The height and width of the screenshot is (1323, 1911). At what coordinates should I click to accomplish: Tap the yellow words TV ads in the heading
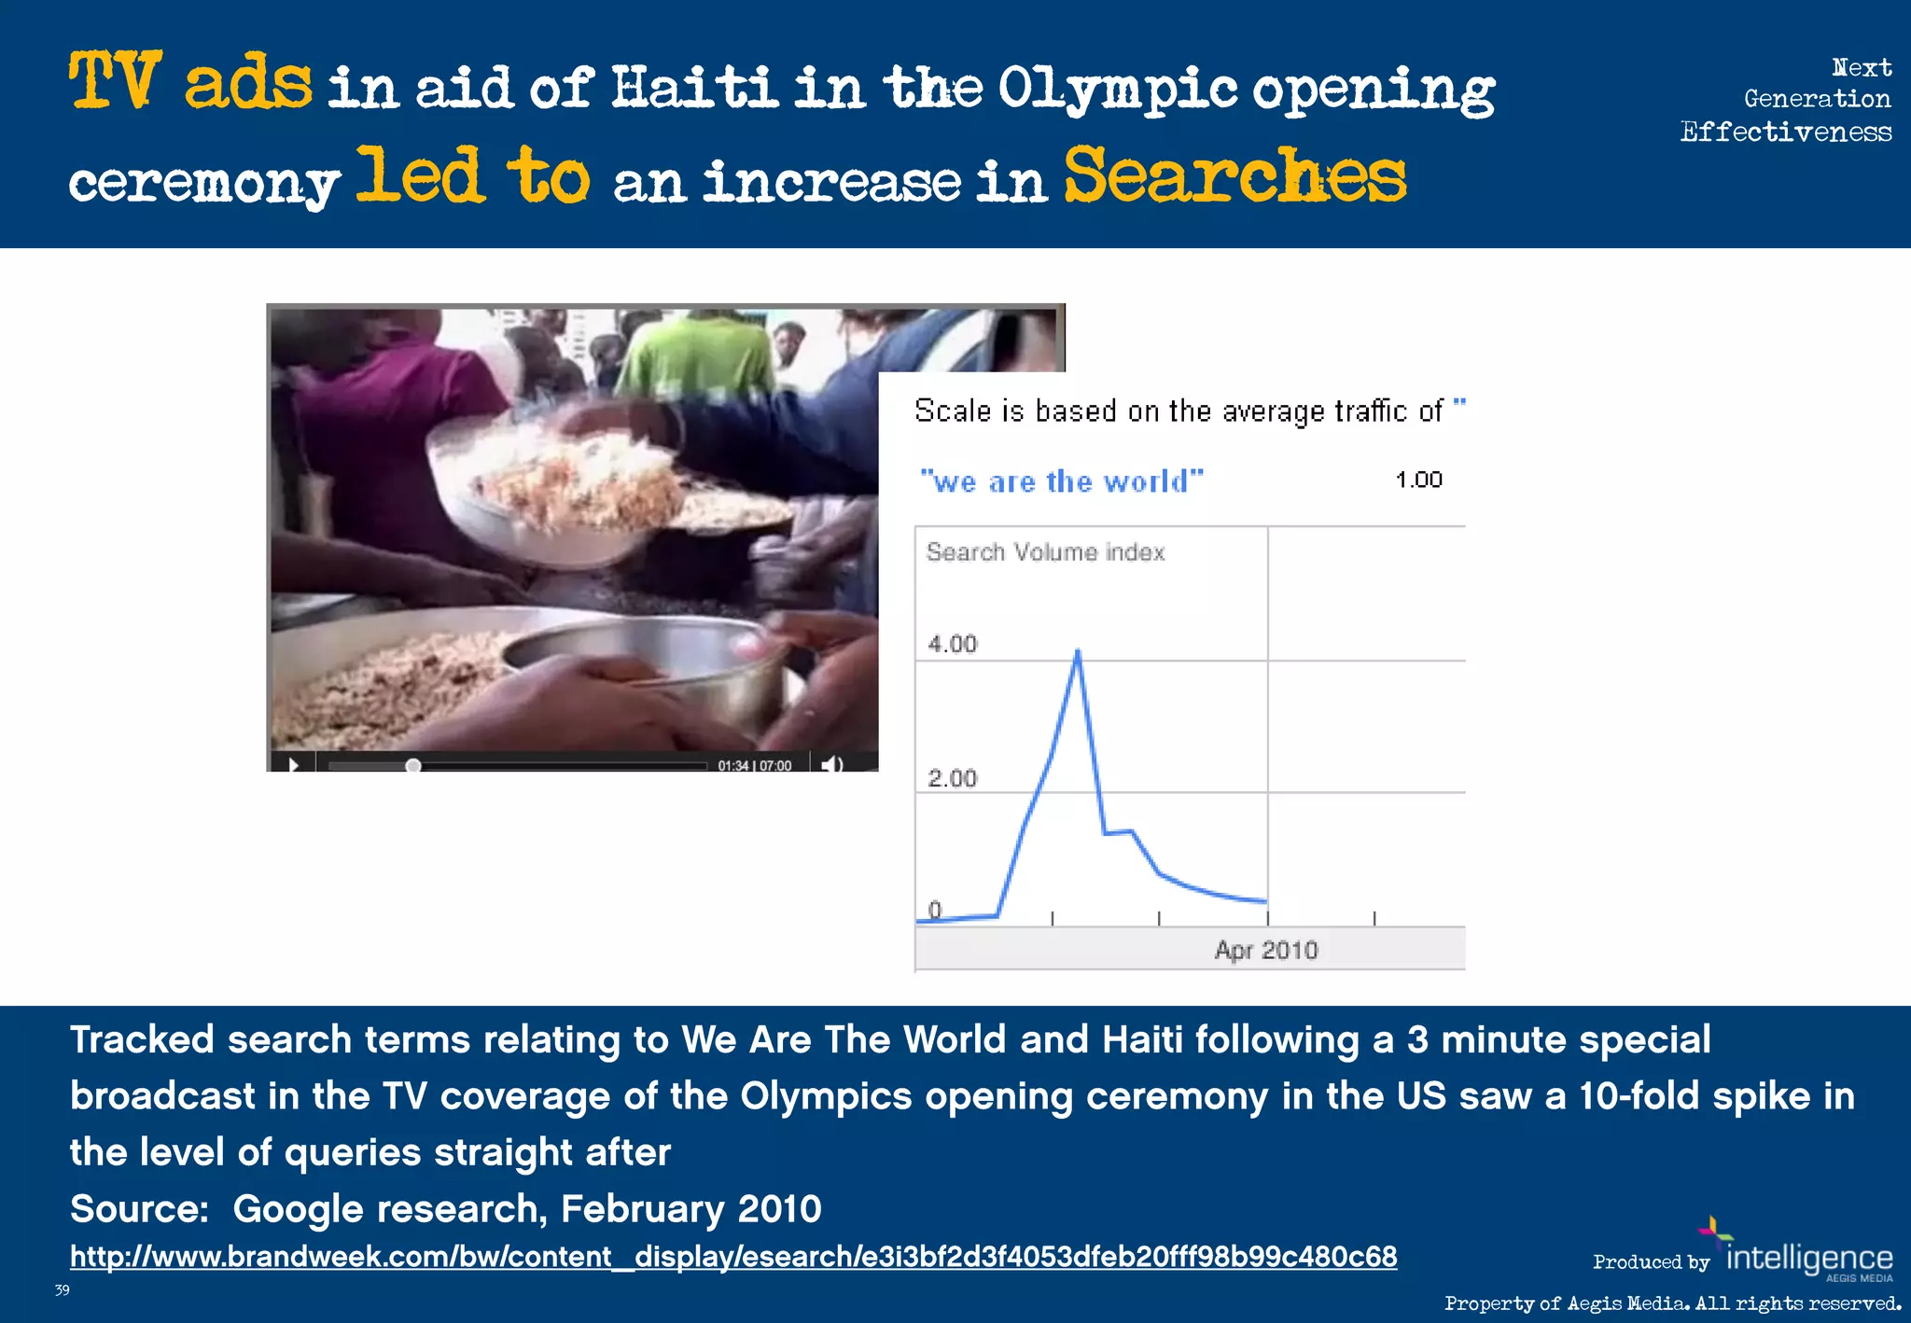coord(190,82)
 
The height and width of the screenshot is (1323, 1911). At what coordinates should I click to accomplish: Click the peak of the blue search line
coord(1078,651)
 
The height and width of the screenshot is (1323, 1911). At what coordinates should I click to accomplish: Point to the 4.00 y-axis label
coord(952,644)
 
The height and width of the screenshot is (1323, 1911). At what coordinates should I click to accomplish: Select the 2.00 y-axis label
coord(952,778)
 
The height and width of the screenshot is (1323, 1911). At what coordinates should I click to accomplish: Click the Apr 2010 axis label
coord(1266,950)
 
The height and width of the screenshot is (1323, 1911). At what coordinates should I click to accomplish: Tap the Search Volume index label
coord(1045,552)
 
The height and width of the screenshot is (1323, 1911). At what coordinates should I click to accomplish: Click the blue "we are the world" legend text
coord(1062,481)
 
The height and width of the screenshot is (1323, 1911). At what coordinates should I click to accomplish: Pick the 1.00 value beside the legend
coord(1418,480)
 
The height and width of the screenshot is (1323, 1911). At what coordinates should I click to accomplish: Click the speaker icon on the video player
coord(831,764)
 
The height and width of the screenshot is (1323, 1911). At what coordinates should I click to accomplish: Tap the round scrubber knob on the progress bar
coord(412,765)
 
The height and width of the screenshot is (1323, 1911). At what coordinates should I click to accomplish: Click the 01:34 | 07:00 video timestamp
coord(754,765)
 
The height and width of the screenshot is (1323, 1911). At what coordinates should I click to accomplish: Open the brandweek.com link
coord(733,1257)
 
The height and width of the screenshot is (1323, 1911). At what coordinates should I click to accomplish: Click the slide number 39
coord(62,1290)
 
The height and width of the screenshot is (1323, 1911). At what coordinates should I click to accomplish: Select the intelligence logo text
coord(1809,1258)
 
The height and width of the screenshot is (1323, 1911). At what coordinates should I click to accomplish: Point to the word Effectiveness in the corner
coord(1786,132)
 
